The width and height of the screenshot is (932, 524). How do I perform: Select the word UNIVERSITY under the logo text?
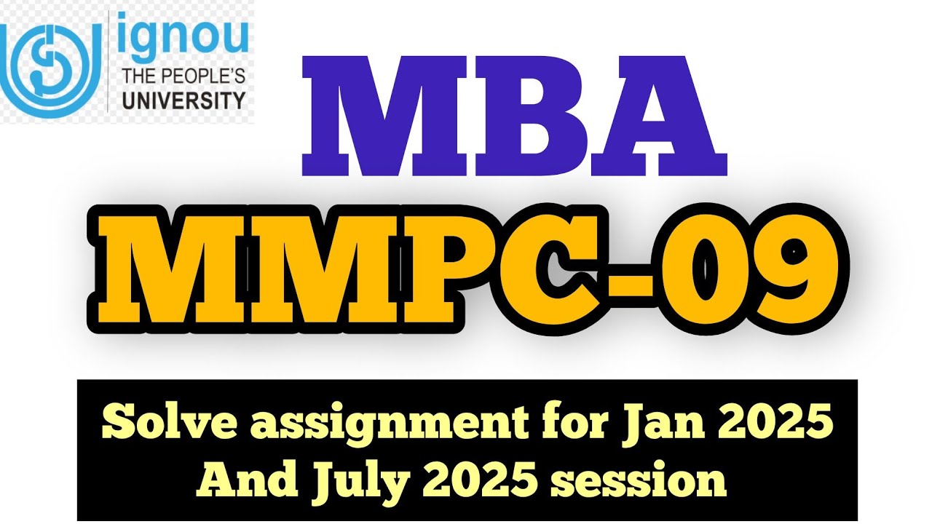pos(183,99)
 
